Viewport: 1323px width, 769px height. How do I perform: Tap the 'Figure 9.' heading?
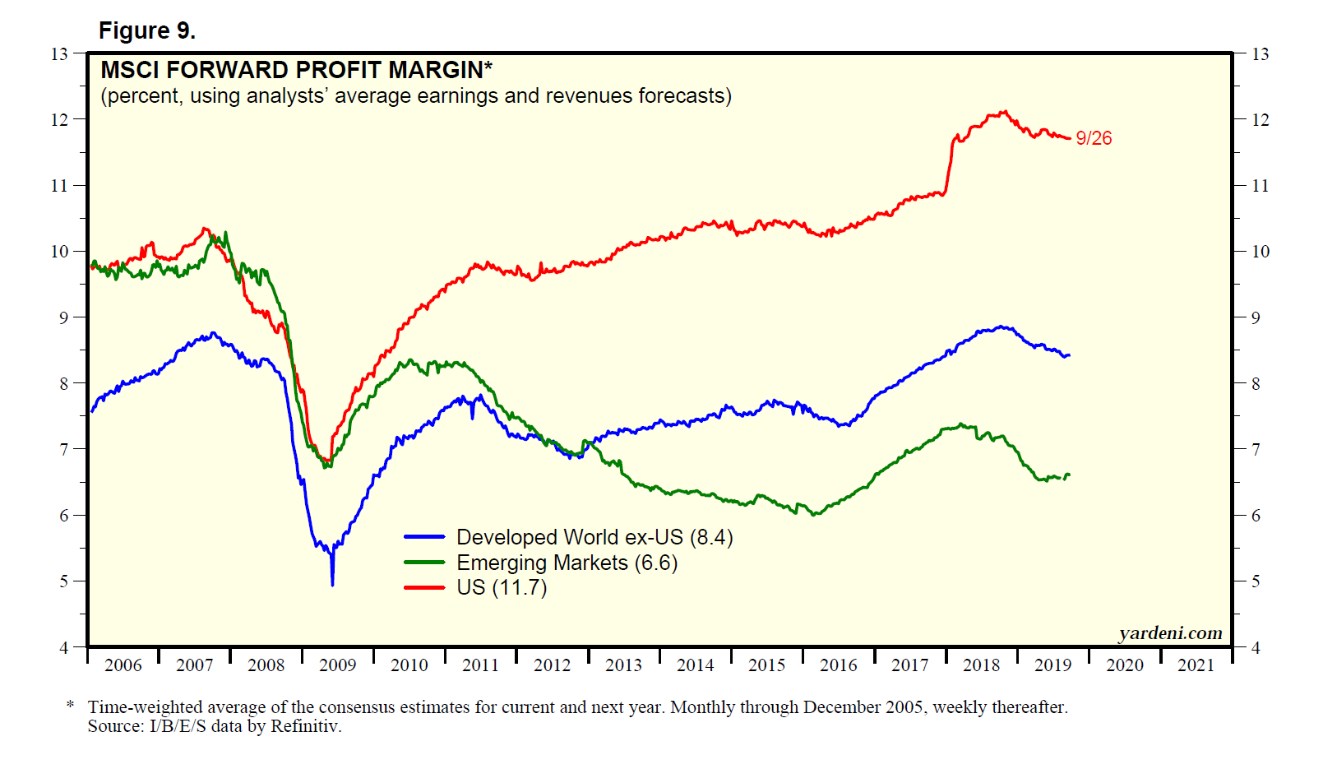tap(147, 31)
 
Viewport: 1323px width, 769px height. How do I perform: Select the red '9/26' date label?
tap(1094, 138)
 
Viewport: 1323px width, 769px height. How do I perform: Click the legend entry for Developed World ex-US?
tap(594, 537)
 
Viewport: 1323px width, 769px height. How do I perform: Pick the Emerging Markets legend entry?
tap(567, 563)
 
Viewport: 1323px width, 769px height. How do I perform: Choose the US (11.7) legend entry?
tap(502, 587)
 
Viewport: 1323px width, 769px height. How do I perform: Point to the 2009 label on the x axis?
tap(337, 665)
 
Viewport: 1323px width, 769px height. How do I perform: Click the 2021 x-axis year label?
tap(1196, 665)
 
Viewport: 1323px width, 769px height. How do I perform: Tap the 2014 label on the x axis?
tap(695, 665)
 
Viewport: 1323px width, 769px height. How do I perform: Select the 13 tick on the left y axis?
tap(59, 54)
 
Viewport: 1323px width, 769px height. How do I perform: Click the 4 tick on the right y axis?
tap(1256, 647)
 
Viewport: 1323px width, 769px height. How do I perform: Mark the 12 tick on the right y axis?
tap(1260, 120)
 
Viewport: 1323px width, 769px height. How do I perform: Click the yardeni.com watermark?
tap(1170, 632)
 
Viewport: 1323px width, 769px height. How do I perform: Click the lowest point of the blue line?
tap(332, 584)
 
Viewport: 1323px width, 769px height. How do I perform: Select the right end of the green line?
tap(1069, 475)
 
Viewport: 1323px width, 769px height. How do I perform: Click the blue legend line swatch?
tap(424, 537)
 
